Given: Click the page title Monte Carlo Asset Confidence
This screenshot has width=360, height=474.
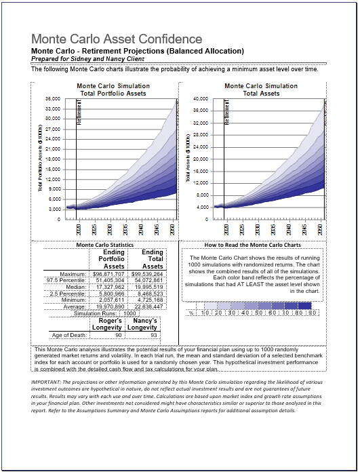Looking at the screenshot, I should point(117,39).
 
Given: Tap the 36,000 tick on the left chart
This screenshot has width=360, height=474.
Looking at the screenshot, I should point(52,98).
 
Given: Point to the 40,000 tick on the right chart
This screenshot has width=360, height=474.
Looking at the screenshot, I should point(199,98).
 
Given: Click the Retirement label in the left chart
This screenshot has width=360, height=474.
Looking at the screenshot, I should point(79,111).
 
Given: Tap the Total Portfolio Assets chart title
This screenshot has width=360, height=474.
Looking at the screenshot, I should point(113,93).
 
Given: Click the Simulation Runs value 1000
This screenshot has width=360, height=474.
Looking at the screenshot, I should point(129,314).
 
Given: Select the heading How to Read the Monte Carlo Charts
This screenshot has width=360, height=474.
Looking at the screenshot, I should point(253,245).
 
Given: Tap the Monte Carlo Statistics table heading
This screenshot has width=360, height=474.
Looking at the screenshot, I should point(104,245).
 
